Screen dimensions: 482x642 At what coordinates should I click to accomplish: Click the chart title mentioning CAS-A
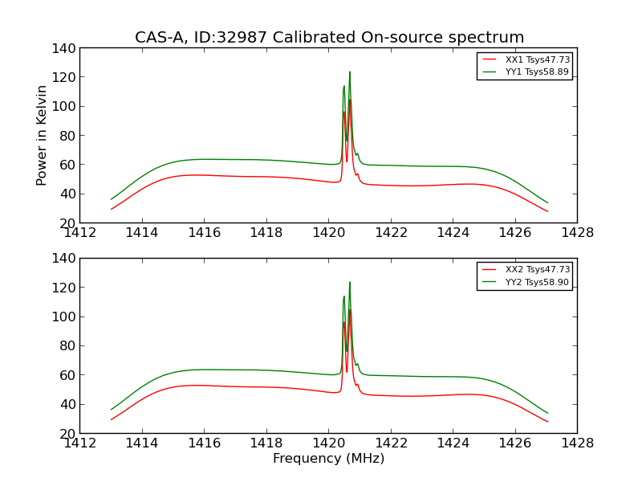coord(329,37)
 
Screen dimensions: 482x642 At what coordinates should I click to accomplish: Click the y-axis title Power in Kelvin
coord(42,135)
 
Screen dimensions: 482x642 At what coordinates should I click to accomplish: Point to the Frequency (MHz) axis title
coord(328,459)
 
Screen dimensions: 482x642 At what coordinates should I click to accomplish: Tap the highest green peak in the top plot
coord(350,72)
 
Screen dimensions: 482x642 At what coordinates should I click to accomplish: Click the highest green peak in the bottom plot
coord(350,283)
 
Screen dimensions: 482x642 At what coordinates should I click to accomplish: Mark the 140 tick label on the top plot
coord(65,48)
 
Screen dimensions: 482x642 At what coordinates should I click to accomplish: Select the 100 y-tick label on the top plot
coord(65,106)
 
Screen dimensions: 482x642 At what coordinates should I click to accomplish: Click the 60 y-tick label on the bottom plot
coord(68,375)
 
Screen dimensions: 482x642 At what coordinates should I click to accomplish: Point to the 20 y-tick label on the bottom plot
coord(68,433)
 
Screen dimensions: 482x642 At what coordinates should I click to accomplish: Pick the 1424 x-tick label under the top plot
coord(453,233)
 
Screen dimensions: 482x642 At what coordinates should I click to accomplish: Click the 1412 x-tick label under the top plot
coord(79,233)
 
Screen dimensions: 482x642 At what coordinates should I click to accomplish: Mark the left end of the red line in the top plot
coord(112,209)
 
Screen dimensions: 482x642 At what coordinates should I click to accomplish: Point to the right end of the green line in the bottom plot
coord(548,413)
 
